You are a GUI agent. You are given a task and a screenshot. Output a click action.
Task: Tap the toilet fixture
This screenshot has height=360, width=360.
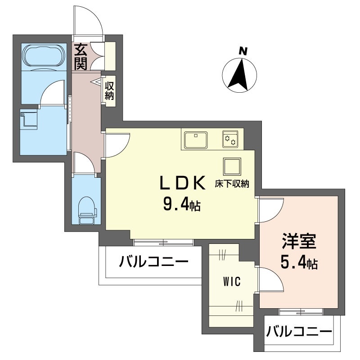[x=86, y=210]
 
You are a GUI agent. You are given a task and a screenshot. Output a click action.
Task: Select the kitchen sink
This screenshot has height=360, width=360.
[x=196, y=140]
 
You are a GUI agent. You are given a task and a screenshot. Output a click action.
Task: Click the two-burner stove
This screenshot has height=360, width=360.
[x=230, y=139]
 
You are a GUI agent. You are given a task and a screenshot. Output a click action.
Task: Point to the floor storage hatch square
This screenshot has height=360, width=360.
[x=232, y=166]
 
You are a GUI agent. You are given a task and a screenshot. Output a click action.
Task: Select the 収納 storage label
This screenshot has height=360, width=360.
[x=109, y=91]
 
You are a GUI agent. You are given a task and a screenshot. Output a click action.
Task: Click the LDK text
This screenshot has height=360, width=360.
[x=183, y=183]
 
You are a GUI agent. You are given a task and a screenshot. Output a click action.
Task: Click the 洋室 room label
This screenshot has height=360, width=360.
[x=299, y=242]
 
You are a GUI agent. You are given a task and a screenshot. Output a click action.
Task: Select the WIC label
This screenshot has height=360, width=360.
[x=232, y=281]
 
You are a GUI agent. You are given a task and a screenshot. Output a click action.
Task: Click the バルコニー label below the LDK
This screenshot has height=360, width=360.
[x=153, y=261]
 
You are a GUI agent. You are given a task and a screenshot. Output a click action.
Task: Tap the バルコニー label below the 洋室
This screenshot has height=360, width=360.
[x=299, y=331]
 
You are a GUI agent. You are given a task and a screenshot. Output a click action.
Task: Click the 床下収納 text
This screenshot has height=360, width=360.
[x=232, y=184]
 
